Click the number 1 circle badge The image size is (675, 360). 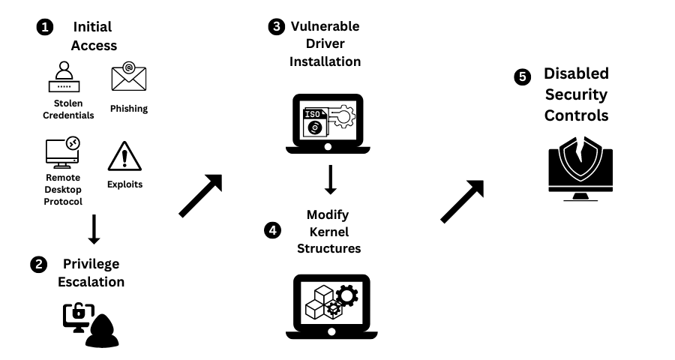pos(46,27)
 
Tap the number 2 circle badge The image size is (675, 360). pos(37,264)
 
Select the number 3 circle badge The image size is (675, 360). pos(277,27)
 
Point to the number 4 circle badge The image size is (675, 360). pos(273,230)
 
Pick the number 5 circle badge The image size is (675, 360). pos(522,76)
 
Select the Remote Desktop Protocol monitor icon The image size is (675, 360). pos(62,153)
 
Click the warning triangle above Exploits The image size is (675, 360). pos(124,156)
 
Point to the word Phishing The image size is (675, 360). pos(129,109)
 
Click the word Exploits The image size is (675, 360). pos(124,184)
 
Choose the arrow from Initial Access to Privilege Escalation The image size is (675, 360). pos(94,228)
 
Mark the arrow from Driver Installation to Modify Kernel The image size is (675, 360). pos(329,179)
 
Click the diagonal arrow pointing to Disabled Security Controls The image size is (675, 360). pos(461,202)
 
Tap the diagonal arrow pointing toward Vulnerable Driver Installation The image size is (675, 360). pos(200,196)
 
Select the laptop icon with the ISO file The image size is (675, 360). pos(324,124)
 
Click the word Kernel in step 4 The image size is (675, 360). pos(329,232)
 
